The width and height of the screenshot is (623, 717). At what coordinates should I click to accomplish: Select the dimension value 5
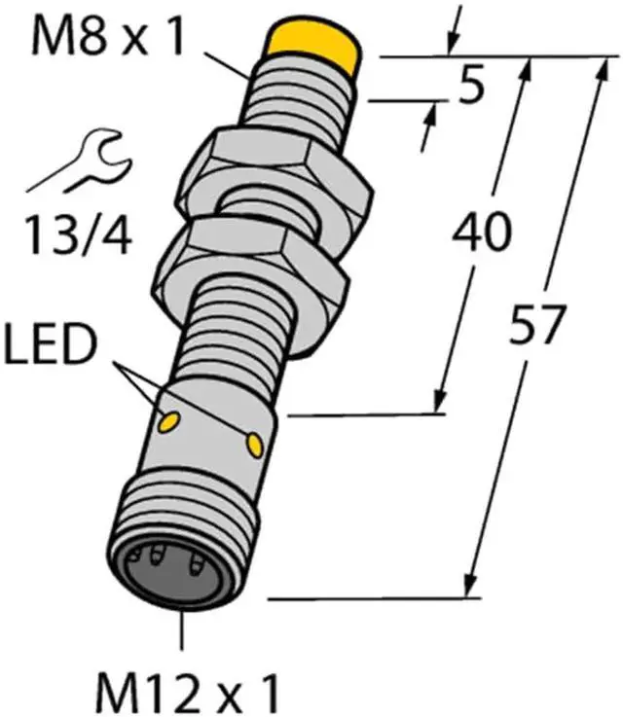pyautogui.click(x=470, y=90)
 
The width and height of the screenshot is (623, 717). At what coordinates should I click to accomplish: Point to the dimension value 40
pyautogui.click(x=480, y=234)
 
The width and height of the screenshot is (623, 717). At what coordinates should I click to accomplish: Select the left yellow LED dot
pyautogui.click(x=167, y=420)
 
